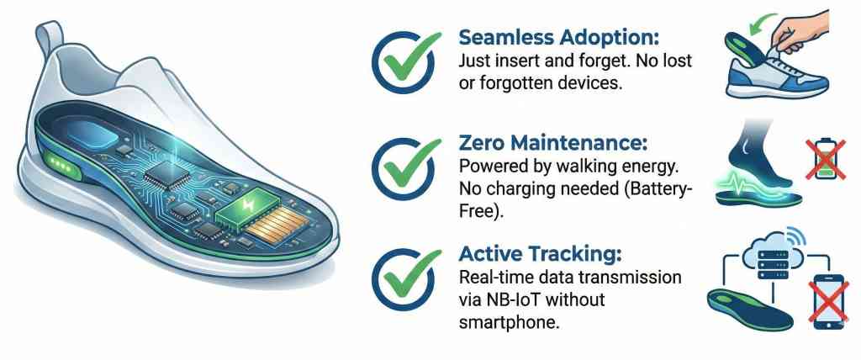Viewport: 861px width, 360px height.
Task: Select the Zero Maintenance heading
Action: coord(553,145)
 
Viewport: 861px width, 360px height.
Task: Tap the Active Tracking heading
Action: coord(540,255)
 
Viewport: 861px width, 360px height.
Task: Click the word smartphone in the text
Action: coord(509,321)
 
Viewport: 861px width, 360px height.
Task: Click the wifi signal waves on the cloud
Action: coord(797,237)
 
